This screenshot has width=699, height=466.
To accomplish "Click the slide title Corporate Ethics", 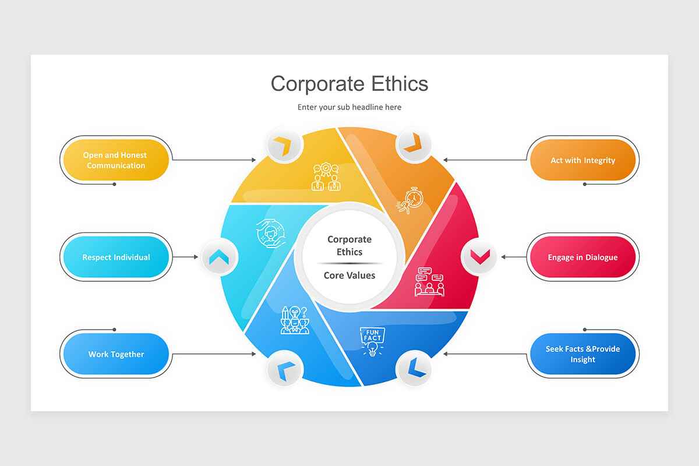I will pyautogui.click(x=349, y=83).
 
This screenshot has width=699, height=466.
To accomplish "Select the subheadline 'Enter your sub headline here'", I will pyautogui.click(x=349, y=107).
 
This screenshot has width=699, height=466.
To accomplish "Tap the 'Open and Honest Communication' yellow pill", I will pyautogui.click(x=116, y=160).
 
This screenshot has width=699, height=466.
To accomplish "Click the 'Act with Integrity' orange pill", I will pyautogui.click(x=582, y=160).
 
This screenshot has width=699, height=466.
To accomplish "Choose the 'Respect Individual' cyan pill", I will pyautogui.click(x=116, y=257).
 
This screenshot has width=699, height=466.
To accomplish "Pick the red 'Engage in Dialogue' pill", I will pyautogui.click(x=582, y=257).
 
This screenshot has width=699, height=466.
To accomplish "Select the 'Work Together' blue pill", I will pyautogui.click(x=116, y=354).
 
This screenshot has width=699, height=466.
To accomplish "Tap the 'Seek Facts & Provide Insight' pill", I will pyautogui.click(x=582, y=354).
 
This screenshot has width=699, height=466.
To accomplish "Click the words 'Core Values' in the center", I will pyautogui.click(x=349, y=275).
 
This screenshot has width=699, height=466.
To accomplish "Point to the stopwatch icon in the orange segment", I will pyautogui.click(x=411, y=200).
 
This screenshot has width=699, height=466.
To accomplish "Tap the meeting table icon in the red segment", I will pyautogui.click(x=429, y=282).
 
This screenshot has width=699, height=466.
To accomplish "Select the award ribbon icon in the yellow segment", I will pyautogui.click(x=326, y=176).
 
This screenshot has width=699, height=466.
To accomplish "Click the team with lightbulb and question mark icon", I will pyautogui.click(x=295, y=320).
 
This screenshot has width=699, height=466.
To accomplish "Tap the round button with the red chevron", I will pyautogui.click(x=479, y=256).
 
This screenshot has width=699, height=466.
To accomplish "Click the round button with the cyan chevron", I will pyautogui.click(x=220, y=256).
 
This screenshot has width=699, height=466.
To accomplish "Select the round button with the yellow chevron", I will pyautogui.click(x=284, y=145).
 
